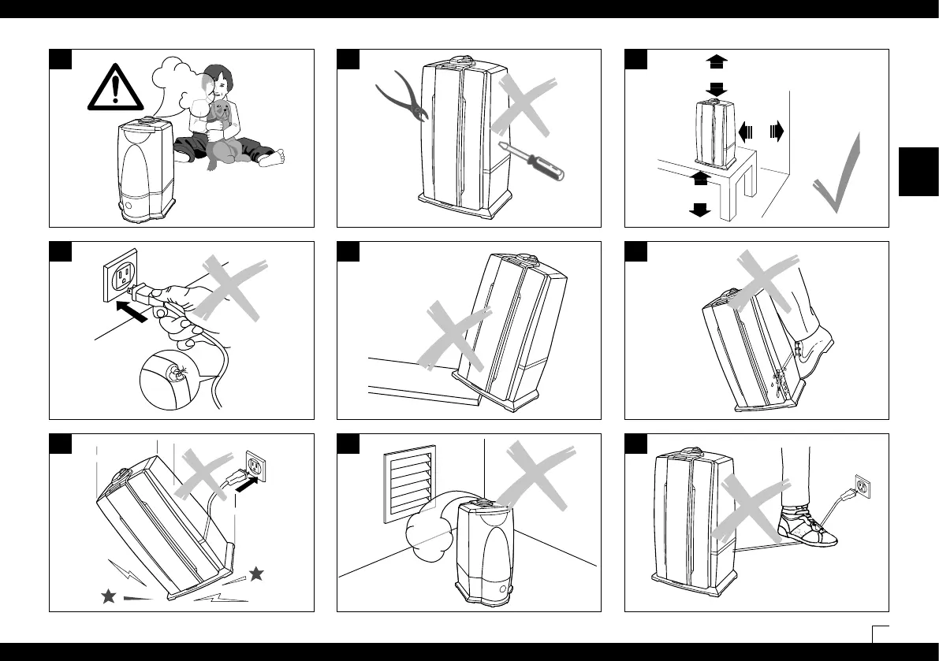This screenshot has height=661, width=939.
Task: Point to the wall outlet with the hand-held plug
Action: pos(121,273)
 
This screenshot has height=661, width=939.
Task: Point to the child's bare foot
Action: pos(273,159)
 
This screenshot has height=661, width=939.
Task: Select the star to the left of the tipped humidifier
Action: pos(108,596)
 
